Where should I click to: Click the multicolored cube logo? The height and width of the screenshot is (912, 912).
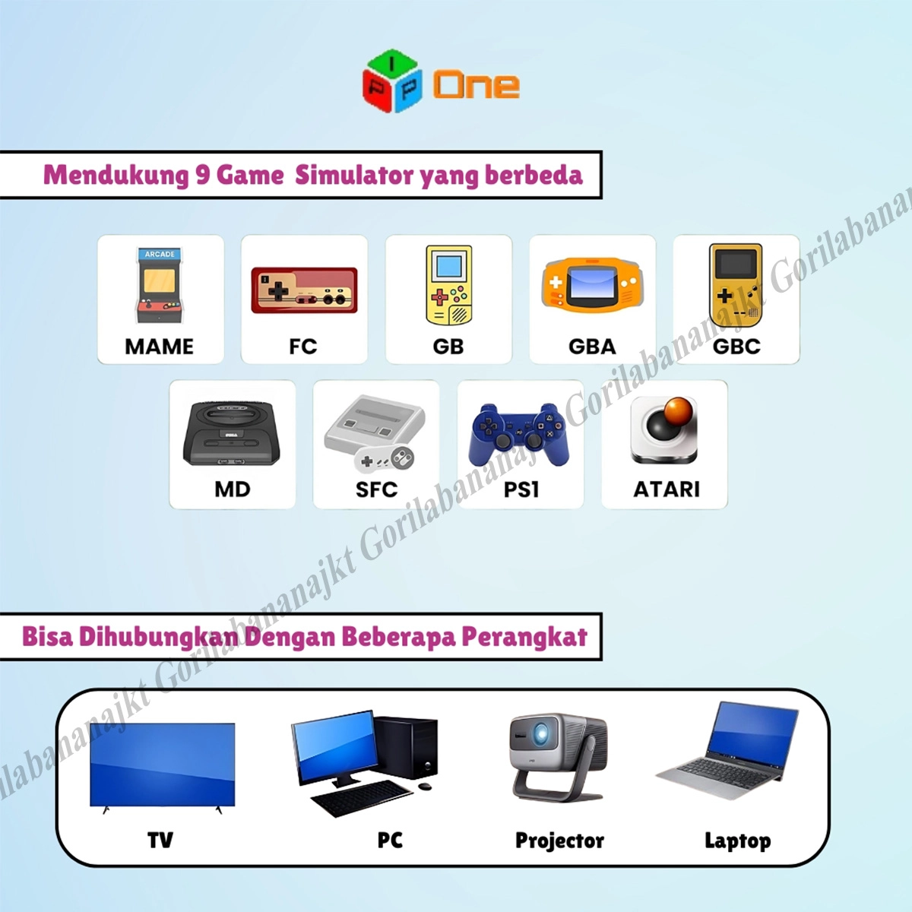392,81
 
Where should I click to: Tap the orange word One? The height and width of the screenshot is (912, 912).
477,86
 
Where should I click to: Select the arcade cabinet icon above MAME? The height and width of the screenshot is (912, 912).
160,285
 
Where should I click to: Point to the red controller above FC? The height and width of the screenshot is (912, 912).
304,290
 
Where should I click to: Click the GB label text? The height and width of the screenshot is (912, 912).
448,347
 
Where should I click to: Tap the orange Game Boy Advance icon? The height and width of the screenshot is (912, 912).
593,286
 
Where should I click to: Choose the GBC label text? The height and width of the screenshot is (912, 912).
736,347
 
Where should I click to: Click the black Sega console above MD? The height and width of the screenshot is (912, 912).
232,433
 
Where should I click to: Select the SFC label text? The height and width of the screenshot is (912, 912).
377,489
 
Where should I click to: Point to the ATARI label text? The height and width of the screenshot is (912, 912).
667,489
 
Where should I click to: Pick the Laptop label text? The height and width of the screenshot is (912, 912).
737,841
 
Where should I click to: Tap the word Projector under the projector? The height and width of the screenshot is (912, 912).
559,841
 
